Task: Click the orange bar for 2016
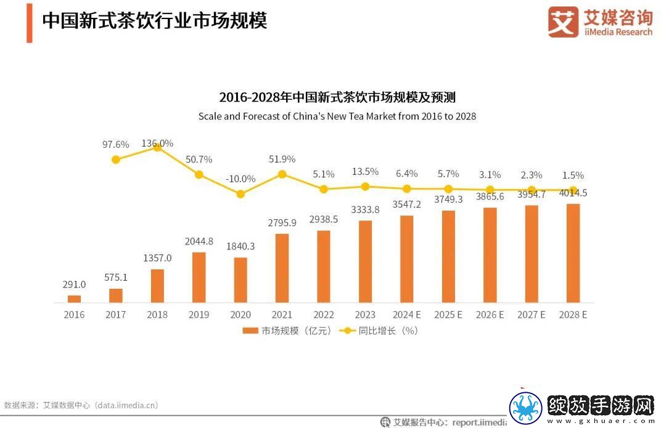(x=74, y=299)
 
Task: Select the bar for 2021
(x=282, y=268)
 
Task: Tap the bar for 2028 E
(x=573, y=253)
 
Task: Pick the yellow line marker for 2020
(x=240, y=194)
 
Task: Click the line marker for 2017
(x=116, y=159)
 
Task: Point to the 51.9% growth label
(x=282, y=159)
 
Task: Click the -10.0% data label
(x=240, y=179)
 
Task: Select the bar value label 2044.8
(x=199, y=241)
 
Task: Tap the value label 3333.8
(x=365, y=209)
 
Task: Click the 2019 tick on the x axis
(x=199, y=314)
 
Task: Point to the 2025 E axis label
(x=448, y=314)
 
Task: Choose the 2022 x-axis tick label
(x=323, y=314)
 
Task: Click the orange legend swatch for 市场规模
(x=250, y=331)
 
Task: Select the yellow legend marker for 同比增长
(x=347, y=331)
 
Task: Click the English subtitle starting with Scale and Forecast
(x=337, y=116)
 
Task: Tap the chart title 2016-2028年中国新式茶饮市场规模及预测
(x=337, y=97)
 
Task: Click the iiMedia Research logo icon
(x=563, y=22)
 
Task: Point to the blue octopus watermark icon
(x=526, y=408)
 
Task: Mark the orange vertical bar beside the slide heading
(x=30, y=23)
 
